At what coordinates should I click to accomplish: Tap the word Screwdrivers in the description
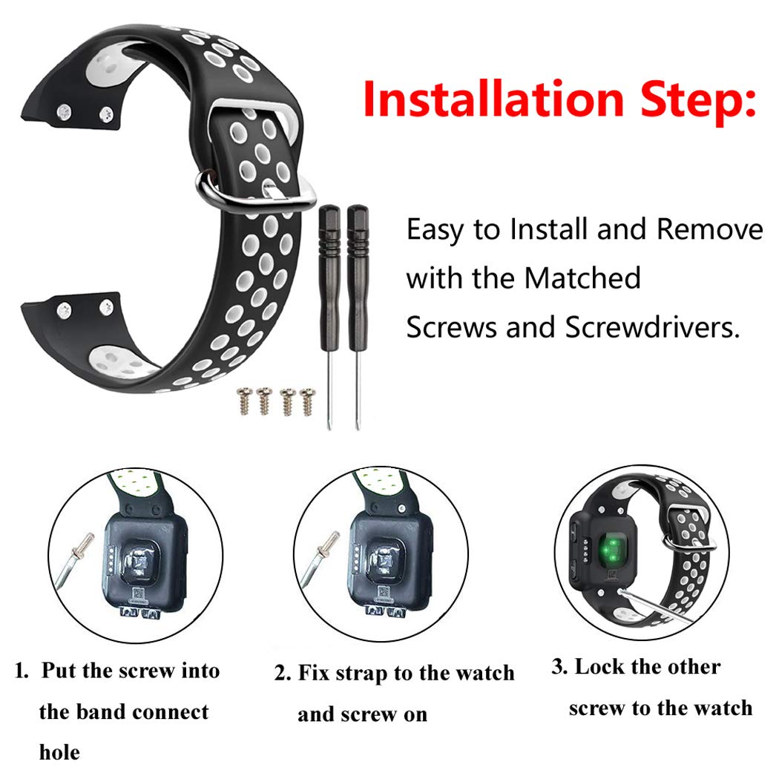(653, 326)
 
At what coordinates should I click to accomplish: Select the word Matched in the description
(582, 278)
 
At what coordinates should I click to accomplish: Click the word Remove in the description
(710, 230)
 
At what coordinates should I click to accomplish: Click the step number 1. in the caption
(23, 671)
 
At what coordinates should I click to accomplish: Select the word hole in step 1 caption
(59, 752)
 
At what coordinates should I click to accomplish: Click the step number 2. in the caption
(283, 674)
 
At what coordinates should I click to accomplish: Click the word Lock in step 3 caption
(599, 667)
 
